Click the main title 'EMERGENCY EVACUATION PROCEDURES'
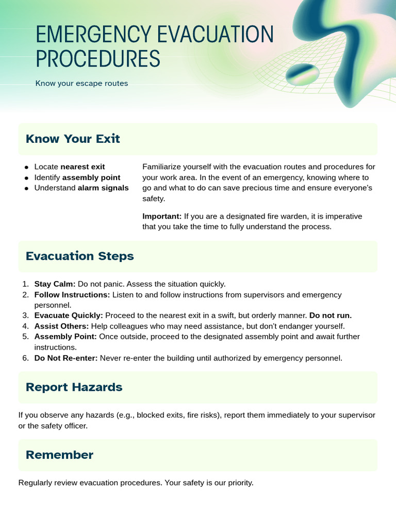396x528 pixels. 154,47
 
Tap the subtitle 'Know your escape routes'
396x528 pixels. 81,83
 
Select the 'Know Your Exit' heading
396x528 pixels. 73,139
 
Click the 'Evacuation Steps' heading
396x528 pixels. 79,256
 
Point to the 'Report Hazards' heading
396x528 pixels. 74,387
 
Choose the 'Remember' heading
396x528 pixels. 59,455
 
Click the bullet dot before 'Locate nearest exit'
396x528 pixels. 26,167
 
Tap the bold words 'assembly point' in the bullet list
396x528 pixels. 91,177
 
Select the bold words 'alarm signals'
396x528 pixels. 103,188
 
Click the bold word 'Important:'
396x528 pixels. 162,216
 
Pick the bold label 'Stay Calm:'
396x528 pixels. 55,284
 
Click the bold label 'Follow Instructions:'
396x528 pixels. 72,294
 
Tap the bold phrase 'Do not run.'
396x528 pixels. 331,316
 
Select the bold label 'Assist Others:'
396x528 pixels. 61,326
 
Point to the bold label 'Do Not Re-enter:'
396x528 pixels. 65,358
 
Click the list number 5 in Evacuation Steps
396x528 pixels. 25,337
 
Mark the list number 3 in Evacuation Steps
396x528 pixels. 25,316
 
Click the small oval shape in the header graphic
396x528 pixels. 303,75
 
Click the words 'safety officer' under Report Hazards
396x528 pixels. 64,425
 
